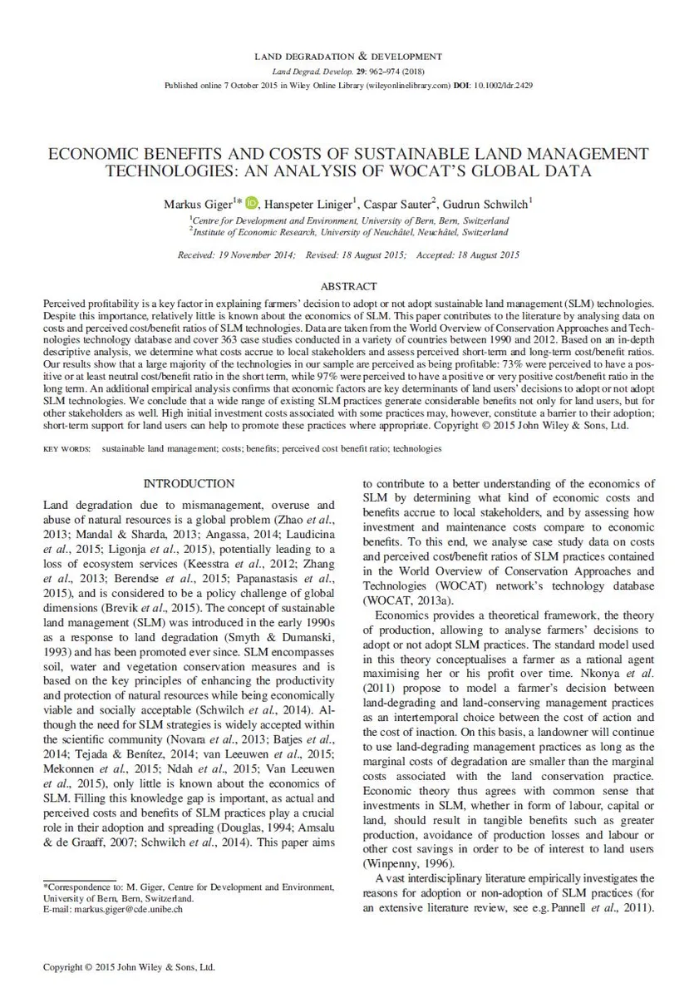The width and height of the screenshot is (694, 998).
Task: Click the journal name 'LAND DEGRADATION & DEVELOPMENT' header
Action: (347, 57)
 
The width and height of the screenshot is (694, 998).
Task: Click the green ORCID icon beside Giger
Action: (252, 202)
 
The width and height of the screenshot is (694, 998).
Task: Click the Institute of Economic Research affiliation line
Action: (349, 232)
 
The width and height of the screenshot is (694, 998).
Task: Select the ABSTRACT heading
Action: (347, 286)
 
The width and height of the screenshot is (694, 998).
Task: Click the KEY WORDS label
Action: (66, 448)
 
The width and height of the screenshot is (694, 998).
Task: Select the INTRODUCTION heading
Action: (189, 483)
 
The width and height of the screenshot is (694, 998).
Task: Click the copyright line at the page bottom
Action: (129, 967)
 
